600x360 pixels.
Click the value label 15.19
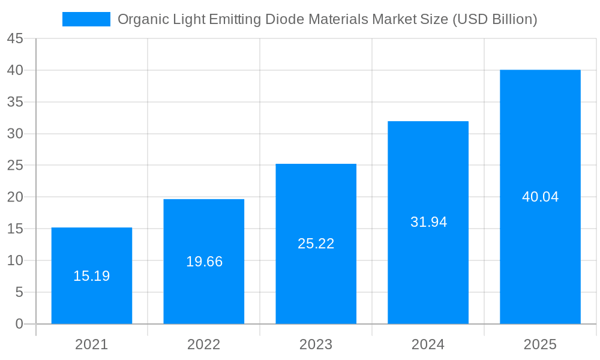tap(92, 276)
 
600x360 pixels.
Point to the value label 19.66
tap(204, 262)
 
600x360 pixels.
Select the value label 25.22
tap(316, 244)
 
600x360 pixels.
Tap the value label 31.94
tap(428, 222)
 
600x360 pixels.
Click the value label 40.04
tap(540, 197)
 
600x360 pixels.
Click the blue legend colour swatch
tap(86, 19)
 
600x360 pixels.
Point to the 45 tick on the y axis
tap(15, 39)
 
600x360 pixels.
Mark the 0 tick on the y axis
tap(19, 324)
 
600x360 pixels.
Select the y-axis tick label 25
tap(15, 166)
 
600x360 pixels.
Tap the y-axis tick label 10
tap(15, 260)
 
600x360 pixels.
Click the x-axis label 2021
tap(92, 344)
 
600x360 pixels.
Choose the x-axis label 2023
tap(316, 344)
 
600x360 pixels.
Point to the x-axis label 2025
tap(540, 344)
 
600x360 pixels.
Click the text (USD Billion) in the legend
tap(494, 19)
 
